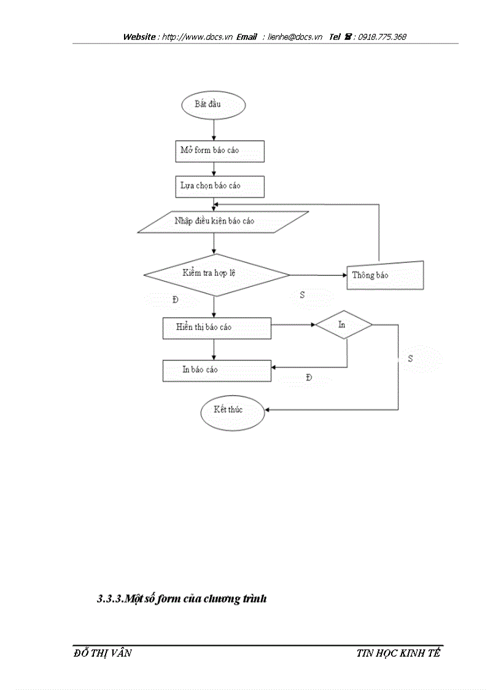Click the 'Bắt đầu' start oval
(x=214, y=105)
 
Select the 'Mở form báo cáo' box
(x=220, y=151)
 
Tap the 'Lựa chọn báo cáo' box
(x=220, y=186)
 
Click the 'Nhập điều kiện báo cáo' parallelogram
(x=222, y=222)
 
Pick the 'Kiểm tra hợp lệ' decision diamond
(x=216, y=273)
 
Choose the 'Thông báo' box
(x=386, y=275)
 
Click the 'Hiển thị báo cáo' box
(x=216, y=327)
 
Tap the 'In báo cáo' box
(x=216, y=370)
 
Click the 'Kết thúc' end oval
(x=232, y=410)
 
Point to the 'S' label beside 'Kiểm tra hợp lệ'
(x=302, y=296)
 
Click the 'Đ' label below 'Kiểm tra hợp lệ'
(x=176, y=300)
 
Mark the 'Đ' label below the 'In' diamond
(x=308, y=378)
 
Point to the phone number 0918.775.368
(x=382, y=37)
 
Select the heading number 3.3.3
(x=110, y=600)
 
